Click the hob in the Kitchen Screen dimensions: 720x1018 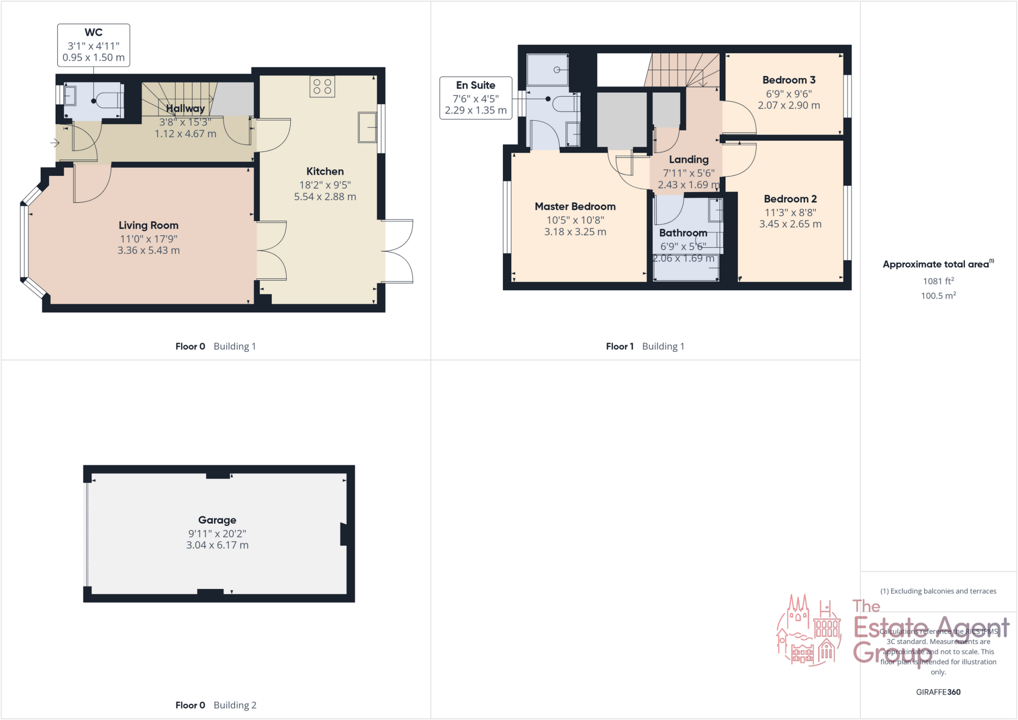pos(322,86)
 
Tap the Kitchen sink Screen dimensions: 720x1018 pos(367,128)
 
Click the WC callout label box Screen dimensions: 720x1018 pos(93,45)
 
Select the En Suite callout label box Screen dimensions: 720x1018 pos(476,98)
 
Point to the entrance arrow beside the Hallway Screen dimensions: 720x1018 pos(55,143)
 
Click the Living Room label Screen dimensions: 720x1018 pos(148,226)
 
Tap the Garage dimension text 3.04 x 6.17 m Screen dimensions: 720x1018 pos(217,545)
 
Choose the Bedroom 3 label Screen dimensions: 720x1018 pos(788,80)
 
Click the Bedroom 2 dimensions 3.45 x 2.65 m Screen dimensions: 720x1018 pos(790,224)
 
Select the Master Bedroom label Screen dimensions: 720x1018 pos(575,207)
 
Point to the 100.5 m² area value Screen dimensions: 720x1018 pos(938,296)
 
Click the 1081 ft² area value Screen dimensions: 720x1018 pos(938,281)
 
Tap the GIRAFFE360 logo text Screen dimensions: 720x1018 pos(938,692)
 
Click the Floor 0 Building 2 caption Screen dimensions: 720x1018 pos(216,705)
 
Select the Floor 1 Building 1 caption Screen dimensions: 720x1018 pos(645,346)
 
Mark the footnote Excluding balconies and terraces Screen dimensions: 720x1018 pos(938,591)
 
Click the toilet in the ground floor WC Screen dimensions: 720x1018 pos(108,101)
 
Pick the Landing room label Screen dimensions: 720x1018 pos(688,160)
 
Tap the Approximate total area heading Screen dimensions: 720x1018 pos(937,264)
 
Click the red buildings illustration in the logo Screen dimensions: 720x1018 pos(809,631)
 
